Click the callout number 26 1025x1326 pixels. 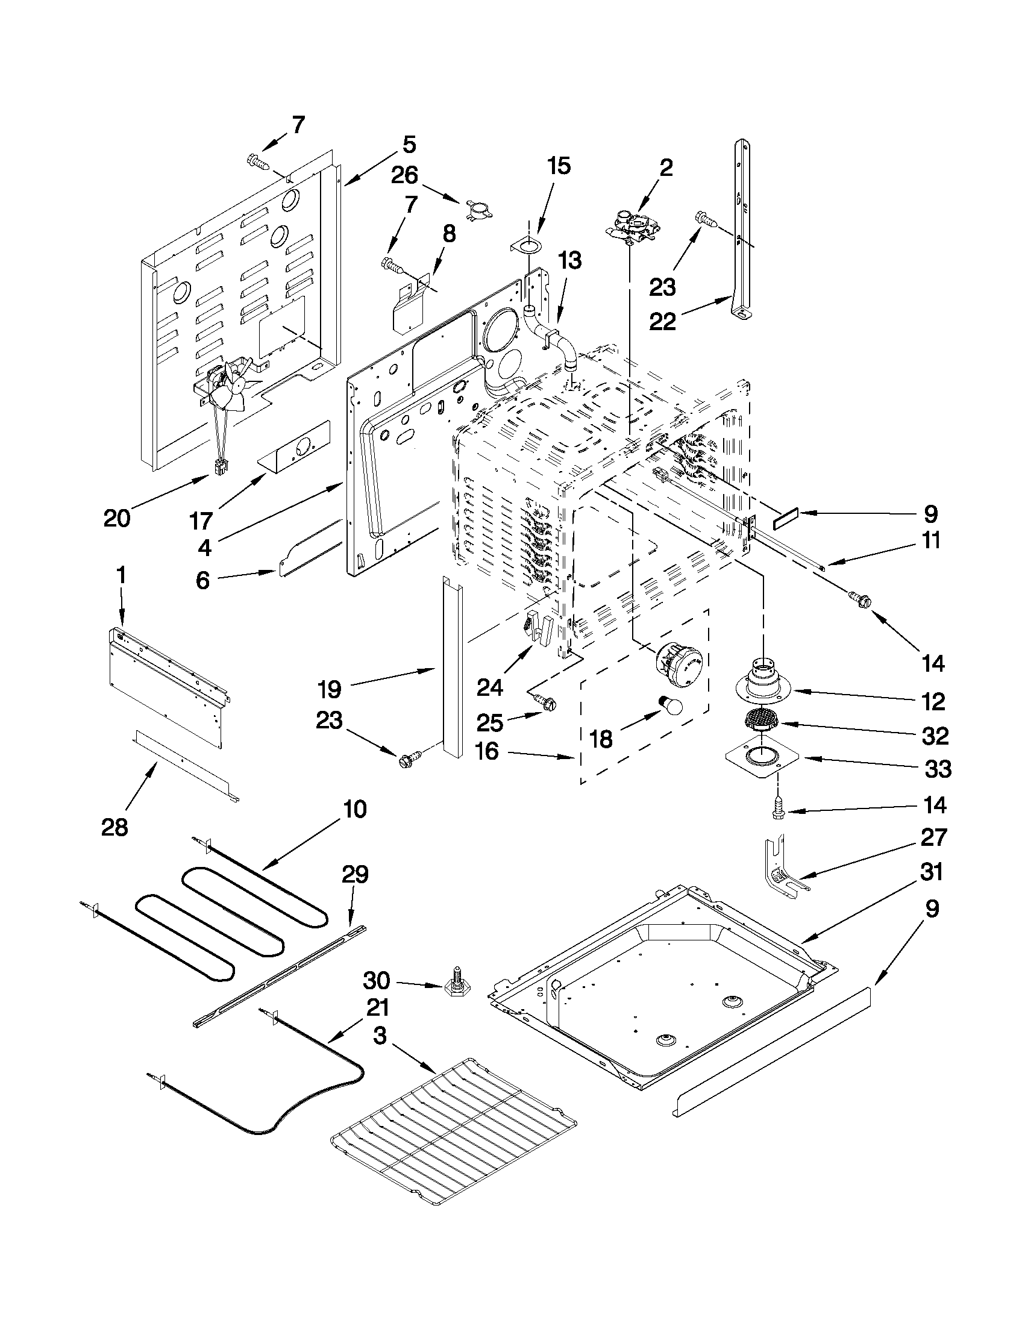point(404,175)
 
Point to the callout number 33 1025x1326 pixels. point(938,769)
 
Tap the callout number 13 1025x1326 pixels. point(569,260)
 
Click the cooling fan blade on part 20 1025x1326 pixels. point(230,389)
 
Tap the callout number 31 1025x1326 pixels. point(931,872)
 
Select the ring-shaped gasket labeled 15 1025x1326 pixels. point(527,246)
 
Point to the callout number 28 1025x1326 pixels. point(114,827)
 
